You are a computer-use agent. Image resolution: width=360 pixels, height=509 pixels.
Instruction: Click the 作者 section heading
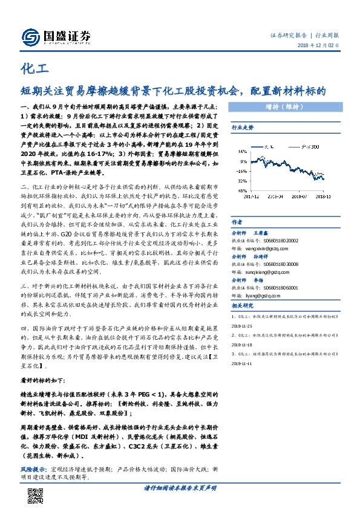click(x=237, y=222)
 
